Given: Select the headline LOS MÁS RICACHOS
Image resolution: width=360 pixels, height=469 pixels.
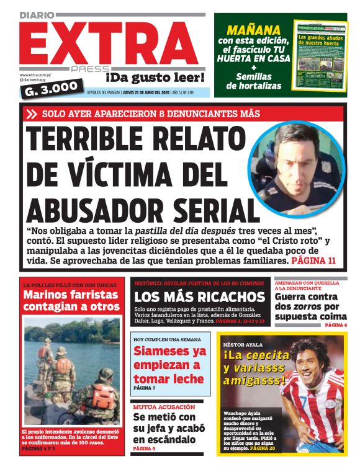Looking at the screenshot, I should (x=199, y=297).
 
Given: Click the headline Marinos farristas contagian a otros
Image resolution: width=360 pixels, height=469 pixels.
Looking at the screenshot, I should (x=71, y=300).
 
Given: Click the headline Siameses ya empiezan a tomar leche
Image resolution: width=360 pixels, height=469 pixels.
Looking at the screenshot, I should (x=169, y=365).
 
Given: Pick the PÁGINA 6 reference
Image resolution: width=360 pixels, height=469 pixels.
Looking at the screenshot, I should (x=336, y=325).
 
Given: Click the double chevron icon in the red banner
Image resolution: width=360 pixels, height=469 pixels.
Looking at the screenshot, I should (x=32, y=114).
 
